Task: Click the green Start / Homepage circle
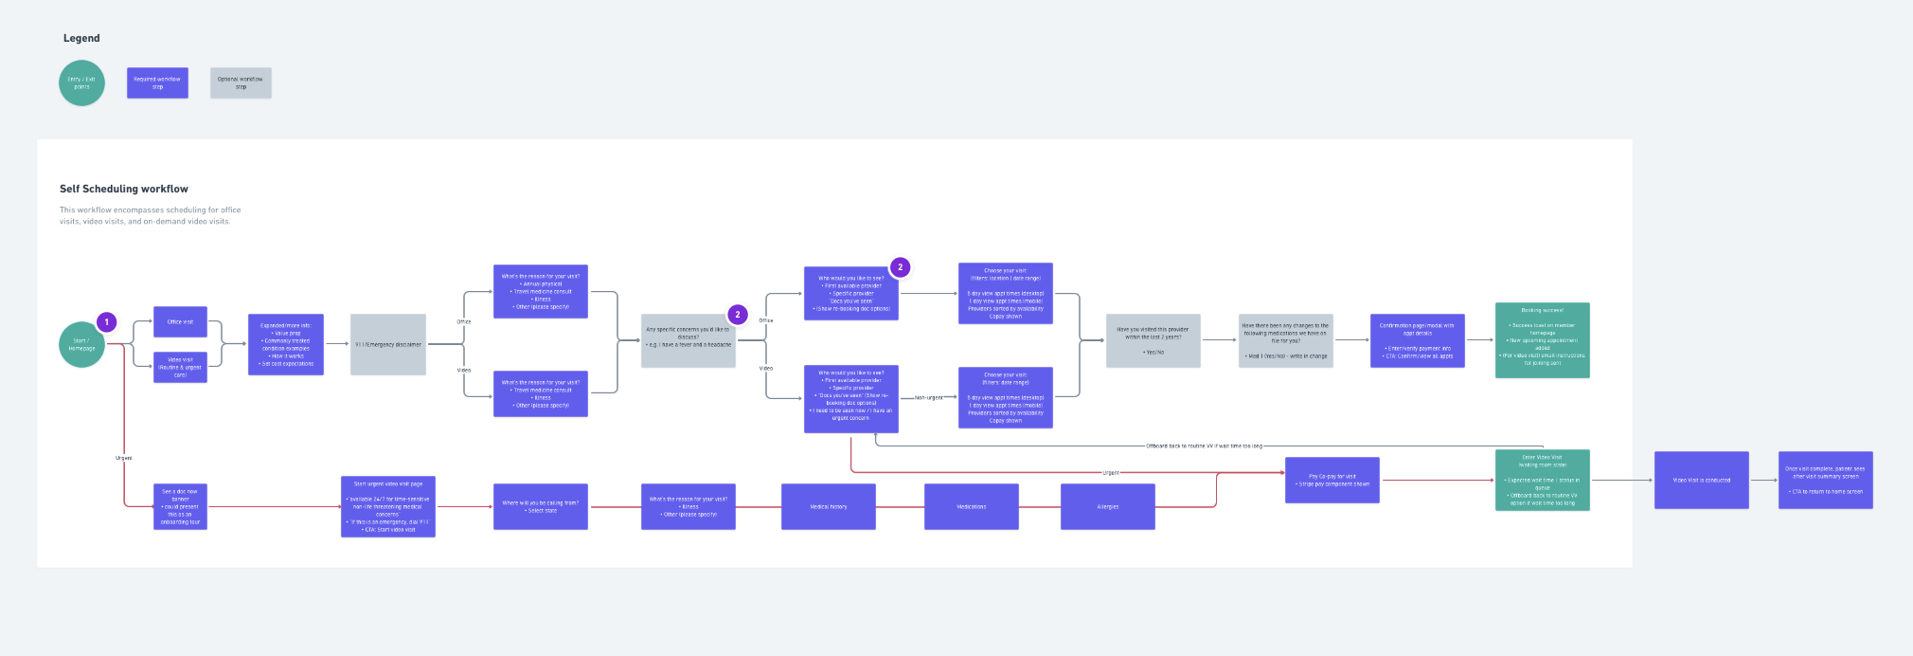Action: click(81, 344)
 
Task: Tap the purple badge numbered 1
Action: click(107, 322)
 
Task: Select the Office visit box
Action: click(180, 321)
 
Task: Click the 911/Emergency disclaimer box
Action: click(388, 344)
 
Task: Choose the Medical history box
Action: click(828, 506)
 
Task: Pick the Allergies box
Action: click(1107, 506)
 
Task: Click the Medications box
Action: click(971, 506)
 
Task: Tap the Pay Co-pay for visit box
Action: click(1332, 480)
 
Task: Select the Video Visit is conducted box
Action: click(1701, 480)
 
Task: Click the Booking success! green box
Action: click(1542, 339)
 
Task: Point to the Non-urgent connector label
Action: click(929, 398)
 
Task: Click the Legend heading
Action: click(81, 38)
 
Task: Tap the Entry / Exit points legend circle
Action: click(81, 82)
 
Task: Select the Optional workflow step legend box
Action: click(241, 82)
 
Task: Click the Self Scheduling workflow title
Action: click(124, 189)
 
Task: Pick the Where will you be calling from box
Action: click(540, 506)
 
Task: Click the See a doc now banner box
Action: click(180, 506)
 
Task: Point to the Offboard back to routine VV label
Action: click(1204, 446)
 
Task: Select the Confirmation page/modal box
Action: click(1417, 340)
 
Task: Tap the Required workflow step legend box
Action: click(157, 82)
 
